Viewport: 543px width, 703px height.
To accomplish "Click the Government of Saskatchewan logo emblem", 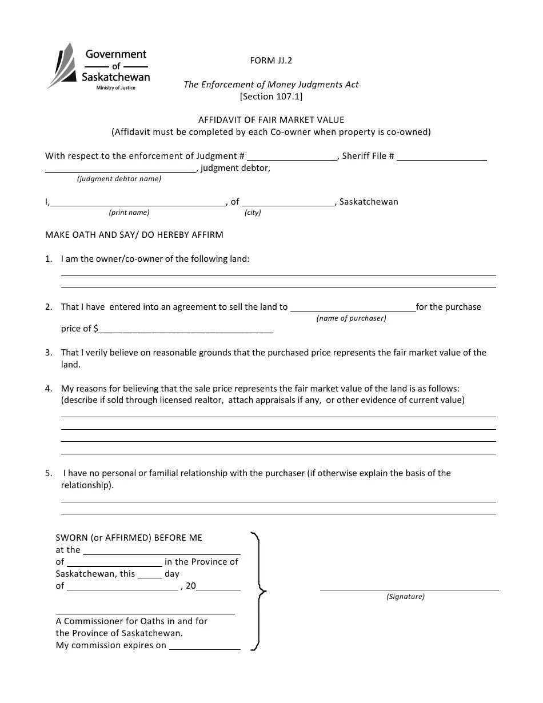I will [x=61, y=66].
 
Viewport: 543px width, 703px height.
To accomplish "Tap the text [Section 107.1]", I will [x=271, y=97].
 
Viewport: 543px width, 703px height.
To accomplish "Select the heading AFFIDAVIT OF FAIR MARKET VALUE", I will [x=271, y=120].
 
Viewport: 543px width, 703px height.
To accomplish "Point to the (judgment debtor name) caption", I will [x=119, y=179].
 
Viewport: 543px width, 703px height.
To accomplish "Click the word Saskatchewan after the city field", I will [x=369, y=202].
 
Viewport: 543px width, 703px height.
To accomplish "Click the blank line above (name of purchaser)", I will [x=353, y=307].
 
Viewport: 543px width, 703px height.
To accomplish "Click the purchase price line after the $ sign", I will [x=186, y=329].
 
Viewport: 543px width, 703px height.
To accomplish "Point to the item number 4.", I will [x=49, y=389].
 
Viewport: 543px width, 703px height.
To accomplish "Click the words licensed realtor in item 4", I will [x=193, y=400].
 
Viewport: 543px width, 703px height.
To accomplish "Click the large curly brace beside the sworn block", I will [x=259, y=592].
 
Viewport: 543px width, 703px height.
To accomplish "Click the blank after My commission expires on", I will [x=205, y=646].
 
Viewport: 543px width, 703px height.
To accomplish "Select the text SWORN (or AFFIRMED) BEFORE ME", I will [x=129, y=538].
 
